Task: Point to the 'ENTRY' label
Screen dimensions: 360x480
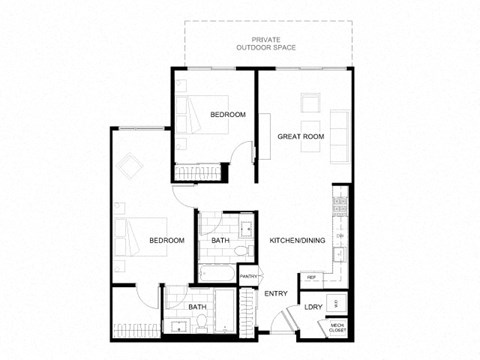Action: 275,293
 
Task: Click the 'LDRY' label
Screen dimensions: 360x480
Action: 313,307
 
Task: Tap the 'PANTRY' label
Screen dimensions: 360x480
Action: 249,276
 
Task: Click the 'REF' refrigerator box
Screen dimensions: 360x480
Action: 311,277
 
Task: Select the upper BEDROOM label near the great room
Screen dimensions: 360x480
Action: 228,115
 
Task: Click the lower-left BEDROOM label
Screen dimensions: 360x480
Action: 167,241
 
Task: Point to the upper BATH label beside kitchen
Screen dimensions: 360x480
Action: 220,241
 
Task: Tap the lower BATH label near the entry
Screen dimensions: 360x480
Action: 197,307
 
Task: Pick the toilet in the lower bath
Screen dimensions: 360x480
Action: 203,322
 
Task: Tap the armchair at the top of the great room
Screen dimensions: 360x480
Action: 308,100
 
